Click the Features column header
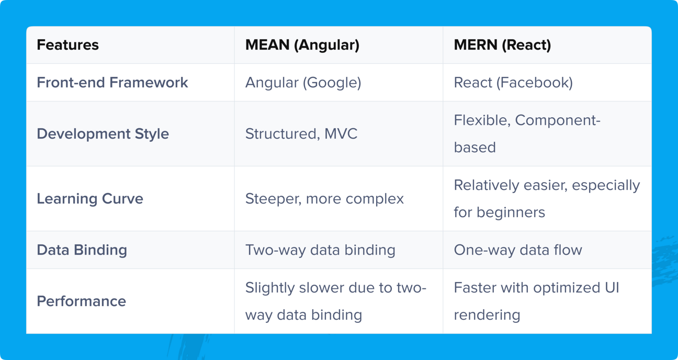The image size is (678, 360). point(68,45)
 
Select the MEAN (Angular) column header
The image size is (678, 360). point(302,45)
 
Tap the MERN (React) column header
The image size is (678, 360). point(502,45)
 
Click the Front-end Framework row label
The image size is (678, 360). point(112,82)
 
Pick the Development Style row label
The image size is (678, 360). point(103,134)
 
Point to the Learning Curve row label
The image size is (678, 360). point(90,199)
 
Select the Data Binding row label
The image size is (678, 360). point(82,250)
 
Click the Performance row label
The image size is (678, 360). point(82,301)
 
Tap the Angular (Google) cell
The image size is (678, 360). point(303,83)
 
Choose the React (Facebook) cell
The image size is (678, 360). point(513,83)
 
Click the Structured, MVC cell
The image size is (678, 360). point(301,134)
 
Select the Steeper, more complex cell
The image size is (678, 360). point(324,199)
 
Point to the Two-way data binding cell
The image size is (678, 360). point(320,250)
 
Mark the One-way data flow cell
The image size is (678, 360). point(518,250)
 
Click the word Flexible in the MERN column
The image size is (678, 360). point(482,120)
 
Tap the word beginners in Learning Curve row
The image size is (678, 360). point(511,212)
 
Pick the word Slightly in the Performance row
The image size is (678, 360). point(270,288)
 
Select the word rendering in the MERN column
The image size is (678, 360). point(487,315)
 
